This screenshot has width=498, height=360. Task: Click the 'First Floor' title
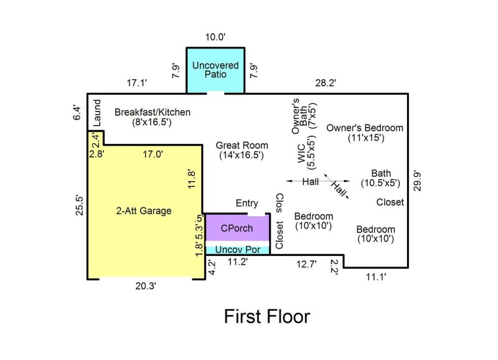coord(266,316)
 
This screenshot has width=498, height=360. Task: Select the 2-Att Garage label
coord(143,211)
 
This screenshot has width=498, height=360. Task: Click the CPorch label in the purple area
coord(237,228)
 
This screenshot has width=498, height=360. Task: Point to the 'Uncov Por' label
coord(237,249)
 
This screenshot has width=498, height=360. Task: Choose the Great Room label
coord(242,150)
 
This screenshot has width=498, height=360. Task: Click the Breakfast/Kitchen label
coord(153,117)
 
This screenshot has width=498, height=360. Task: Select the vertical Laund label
coord(97,113)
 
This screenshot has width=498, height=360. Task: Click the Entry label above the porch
coord(247,203)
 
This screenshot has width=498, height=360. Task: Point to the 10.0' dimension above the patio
coord(215,37)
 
